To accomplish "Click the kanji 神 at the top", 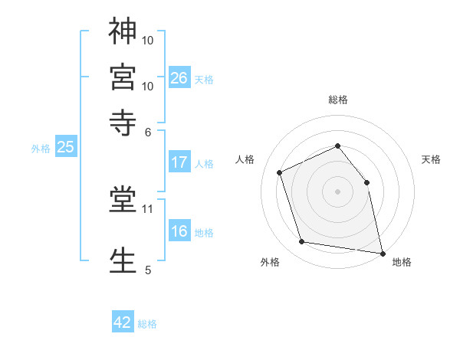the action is [x=123, y=31].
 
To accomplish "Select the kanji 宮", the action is [x=123, y=77].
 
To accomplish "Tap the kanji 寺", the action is [x=123, y=123].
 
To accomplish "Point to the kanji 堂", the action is [x=123, y=199].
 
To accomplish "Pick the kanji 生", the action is [x=123, y=260].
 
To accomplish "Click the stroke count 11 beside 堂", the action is [x=147, y=209].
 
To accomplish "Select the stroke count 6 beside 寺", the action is [x=148, y=133].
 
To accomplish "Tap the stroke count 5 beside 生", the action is [x=148, y=270].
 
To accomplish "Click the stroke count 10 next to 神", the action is [x=147, y=41].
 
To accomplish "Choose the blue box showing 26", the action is [x=179, y=77].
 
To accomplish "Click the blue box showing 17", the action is [x=179, y=162].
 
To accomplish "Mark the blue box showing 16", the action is [x=179, y=230].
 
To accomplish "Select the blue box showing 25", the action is [x=66, y=146].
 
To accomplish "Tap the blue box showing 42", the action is [x=123, y=321].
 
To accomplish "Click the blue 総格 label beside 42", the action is [x=147, y=324].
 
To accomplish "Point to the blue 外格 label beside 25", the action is [x=41, y=149].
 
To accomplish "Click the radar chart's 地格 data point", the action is [x=383, y=254].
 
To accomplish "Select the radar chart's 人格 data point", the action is [x=279, y=172].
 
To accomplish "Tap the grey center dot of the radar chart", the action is [x=337, y=191].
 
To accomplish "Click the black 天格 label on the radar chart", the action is [x=431, y=159].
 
